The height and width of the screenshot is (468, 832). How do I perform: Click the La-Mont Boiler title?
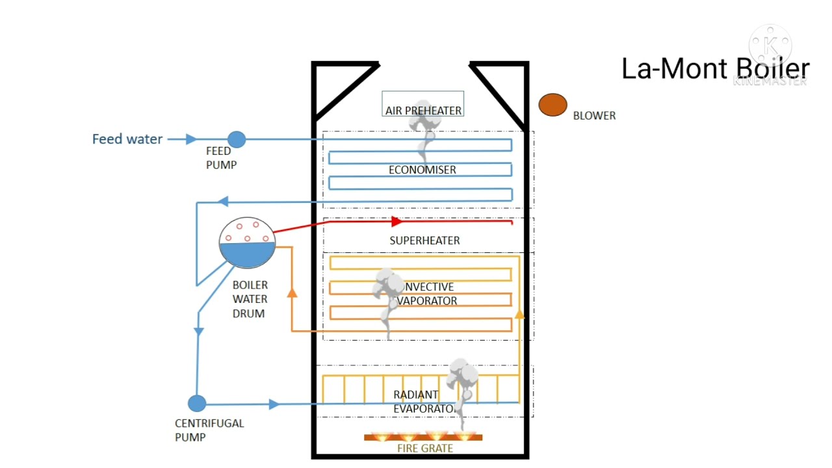[x=715, y=69]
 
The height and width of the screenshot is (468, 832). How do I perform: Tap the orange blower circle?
[x=552, y=105]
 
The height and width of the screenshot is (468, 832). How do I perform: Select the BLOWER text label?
[x=594, y=116]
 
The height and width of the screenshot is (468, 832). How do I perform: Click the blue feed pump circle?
[x=237, y=139]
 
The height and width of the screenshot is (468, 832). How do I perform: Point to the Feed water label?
[x=127, y=139]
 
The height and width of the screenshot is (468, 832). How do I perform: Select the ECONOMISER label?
[x=422, y=170]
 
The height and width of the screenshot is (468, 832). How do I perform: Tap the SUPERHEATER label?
[x=424, y=240]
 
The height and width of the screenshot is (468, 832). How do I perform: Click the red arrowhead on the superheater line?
[x=396, y=222]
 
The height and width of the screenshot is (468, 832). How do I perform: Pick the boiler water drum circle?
[x=247, y=243]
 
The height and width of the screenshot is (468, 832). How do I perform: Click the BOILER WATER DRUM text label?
[x=250, y=299]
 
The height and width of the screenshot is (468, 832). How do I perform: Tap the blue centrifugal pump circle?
[x=197, y=404]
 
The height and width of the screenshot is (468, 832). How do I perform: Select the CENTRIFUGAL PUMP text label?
[x=209, y=430]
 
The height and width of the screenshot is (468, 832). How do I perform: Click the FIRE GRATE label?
[x=425, y=448]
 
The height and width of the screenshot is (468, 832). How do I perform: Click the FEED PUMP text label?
[x=221, y=158]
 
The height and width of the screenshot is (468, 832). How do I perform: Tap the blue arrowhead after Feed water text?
[x=191, y=139]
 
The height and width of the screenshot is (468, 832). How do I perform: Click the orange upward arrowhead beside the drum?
[x=292, y=292]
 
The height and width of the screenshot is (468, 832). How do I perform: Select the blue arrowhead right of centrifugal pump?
[x=274, y=404]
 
